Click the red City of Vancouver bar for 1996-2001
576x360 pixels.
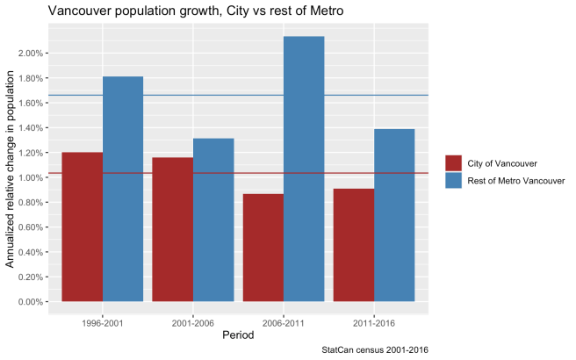[83, 227]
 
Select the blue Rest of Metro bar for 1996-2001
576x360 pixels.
[123, 190]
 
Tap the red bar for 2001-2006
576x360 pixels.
[173, 230]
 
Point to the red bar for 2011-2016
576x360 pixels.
[354, 245]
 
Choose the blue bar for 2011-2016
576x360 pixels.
[394, 216]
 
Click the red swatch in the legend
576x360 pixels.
[454, 163]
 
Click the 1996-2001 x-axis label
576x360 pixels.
[103, 322]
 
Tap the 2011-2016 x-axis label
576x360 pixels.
[374, 322]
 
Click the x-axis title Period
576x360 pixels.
[239, 335]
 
